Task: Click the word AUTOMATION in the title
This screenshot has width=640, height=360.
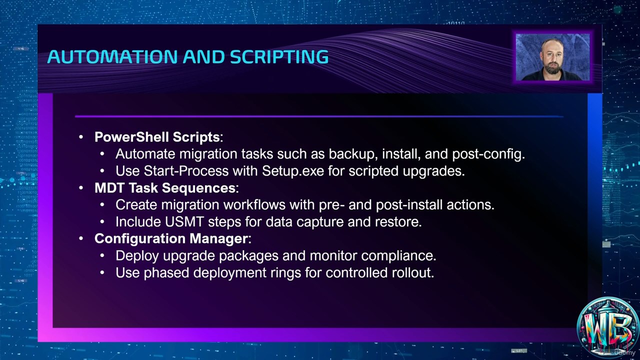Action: tap(112, 56)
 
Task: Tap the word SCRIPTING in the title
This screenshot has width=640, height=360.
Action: tap(279, 56)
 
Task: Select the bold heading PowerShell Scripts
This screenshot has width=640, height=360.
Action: tap(157, 137)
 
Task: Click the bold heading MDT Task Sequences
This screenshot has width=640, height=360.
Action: tap(165, 188)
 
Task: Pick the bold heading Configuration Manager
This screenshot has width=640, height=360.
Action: tap(171, 238)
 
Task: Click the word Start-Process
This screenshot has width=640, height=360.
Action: tap(186, 171)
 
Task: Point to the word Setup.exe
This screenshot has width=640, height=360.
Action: tap(293, 171)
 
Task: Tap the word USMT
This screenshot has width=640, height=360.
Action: tap(184, 222)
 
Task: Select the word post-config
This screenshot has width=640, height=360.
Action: tap(488, 154)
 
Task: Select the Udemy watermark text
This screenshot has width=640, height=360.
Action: tap(624, 352)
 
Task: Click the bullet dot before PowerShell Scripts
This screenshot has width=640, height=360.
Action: tap(81, 137)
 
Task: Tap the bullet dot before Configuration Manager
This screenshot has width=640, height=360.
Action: tap(81, 239)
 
